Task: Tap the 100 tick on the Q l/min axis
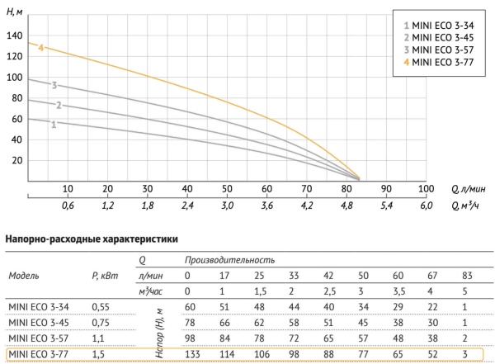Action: click(x=426, y=189)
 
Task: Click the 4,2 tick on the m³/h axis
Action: click(x=307, y=206)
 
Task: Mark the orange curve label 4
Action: click(x=40, y=49)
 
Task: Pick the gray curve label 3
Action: click(x=54, y=85)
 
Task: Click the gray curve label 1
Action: click(x=54, y=125)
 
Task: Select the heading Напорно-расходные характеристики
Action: click(x=92, y=240)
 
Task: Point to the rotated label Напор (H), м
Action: click(x=158, y=330)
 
